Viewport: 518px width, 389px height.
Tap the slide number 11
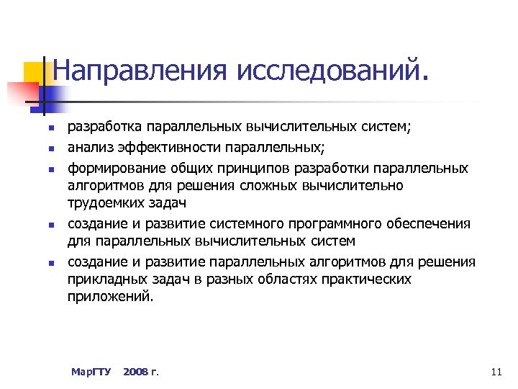[x=494, y=372]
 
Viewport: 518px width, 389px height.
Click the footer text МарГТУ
[x=91, y=372]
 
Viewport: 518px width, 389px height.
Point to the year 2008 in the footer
[x=136, y=372]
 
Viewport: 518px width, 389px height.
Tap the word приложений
[x=111, y=295]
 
